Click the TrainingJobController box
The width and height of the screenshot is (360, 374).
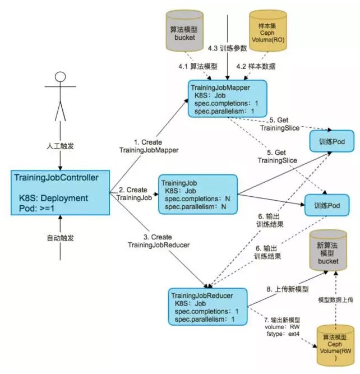(x=61, y=193)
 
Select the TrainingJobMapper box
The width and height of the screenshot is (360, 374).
(x=227, y=99)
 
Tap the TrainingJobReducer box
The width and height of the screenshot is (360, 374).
(x=207, y=307)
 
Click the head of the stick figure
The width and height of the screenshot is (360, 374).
(x=60, y=77)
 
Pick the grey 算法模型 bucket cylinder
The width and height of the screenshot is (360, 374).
(x=184, y=31)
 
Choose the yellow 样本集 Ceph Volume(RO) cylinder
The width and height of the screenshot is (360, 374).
(x=267, y=31)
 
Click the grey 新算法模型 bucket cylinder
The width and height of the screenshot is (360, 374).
(x=328, y=251)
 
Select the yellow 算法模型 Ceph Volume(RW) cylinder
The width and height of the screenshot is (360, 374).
(x=335, y=345)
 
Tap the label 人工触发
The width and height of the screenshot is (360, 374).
(x=61, y=146)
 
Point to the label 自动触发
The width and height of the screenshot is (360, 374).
(x=61, y=238)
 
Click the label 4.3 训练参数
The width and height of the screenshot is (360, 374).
(x=227, y=48)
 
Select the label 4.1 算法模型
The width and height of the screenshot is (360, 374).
(x=198, y=66)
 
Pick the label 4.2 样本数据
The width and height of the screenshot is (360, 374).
(x=256, y=66)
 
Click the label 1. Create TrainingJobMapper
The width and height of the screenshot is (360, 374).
(x=149, y=146)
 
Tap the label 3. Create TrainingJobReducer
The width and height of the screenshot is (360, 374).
(x=159, y=241)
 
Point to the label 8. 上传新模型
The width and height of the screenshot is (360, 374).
(x=288, y=289)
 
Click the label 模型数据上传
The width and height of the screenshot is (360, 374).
(x=336, y=300)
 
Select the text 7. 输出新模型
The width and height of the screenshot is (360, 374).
(x=282, y=320)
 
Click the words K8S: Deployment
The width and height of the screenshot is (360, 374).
(x=53, y=198)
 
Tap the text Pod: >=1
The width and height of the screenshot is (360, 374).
(x=37, y=208)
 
